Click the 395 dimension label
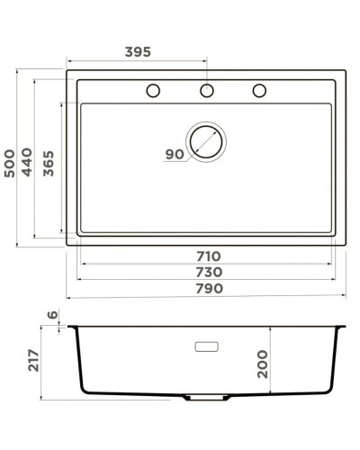[137, 52]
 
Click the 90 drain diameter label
[174, 155]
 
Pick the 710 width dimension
[208, 256]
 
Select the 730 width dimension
[208, 273]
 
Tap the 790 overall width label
[208, 289]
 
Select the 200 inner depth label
[263, 363]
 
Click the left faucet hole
[153, 90]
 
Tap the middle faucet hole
[207, 90]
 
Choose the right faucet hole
[261, 90]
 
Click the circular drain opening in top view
[206, 141]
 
